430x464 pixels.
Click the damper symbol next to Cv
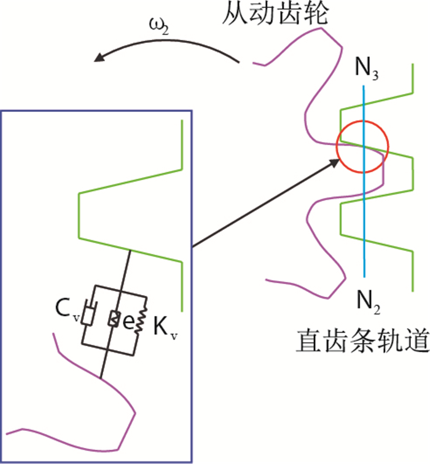pyautogui.click(x=89, y=315)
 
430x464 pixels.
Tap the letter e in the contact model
pyautogui.click(x=128, y=320)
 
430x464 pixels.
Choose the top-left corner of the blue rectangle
pyautogui.click(x=1, y=111)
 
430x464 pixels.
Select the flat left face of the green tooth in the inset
pyautogui.click(x=79, y=215)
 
